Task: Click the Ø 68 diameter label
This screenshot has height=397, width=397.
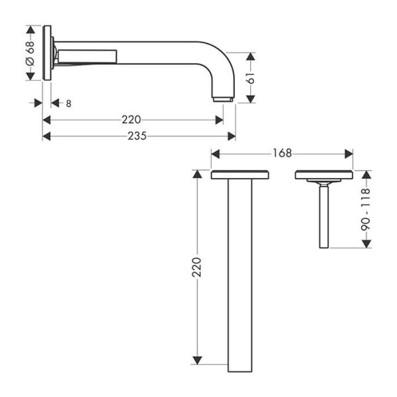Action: (30, 53)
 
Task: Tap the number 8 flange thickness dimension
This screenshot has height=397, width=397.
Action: (69, 103)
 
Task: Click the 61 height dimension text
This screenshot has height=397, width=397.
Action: (249, 77)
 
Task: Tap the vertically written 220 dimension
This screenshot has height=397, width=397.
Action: (196, 267)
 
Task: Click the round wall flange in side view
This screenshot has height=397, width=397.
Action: (47, 53)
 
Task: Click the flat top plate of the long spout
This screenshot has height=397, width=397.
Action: (240, 175)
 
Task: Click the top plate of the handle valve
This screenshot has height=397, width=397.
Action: (324, 175)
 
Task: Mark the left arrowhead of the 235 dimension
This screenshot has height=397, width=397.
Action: (46, 136)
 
